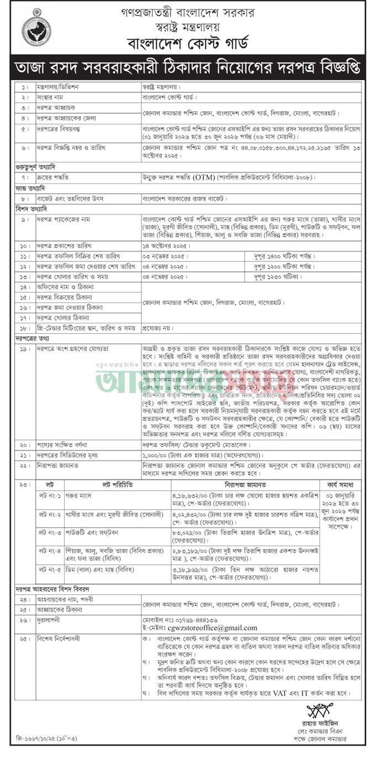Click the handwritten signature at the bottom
[x=320, y=709]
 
